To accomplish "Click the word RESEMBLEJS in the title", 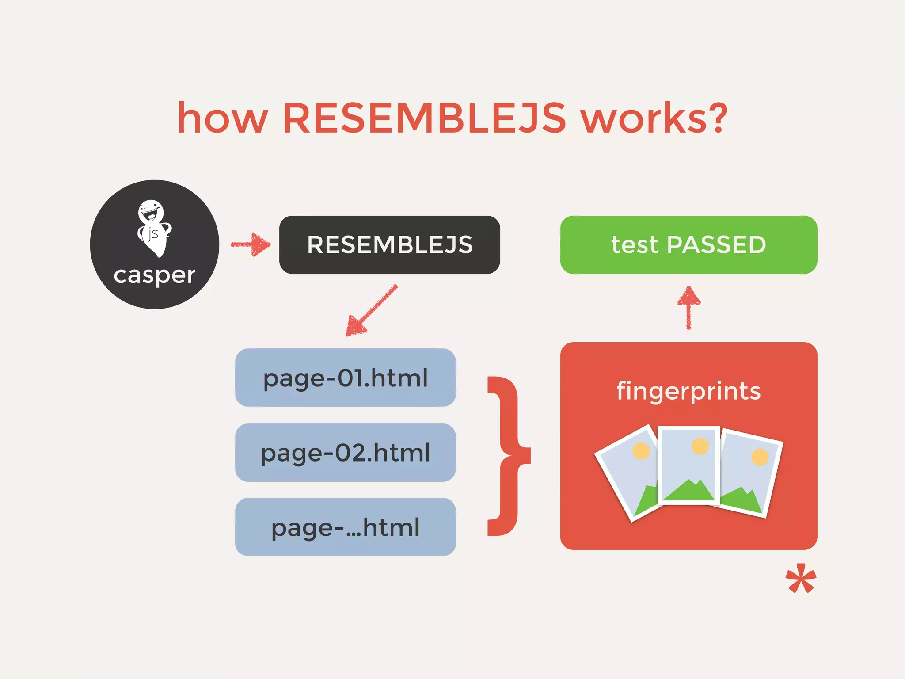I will coord(424,118).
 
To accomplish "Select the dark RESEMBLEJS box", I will coord(389,245).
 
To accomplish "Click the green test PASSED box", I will coord(688,245).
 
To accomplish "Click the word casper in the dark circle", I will coord(154,276).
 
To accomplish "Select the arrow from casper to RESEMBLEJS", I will coord(251,244).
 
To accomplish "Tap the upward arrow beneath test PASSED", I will coord(688,307).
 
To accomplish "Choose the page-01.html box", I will coord(345,378).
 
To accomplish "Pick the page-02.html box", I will coord(345,453).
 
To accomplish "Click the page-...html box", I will coord(345,527).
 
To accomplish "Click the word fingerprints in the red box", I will coord(688,391).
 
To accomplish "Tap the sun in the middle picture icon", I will coord(700,446).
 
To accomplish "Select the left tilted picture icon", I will coord(627,473).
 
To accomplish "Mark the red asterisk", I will coord(800,579).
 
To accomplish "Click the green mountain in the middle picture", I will coord(688,491).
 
